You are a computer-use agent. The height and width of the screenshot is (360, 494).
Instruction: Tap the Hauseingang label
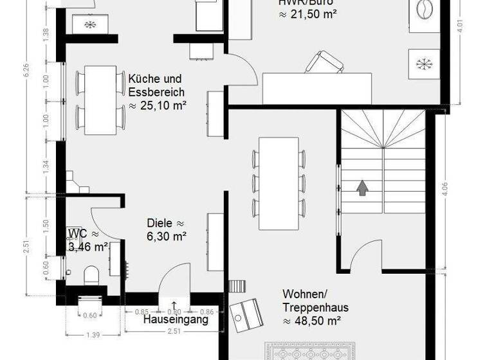click(176, 319)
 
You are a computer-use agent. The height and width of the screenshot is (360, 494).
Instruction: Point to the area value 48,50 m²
click(311, 320)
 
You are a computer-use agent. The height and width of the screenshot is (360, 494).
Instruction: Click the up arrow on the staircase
click(363, 188)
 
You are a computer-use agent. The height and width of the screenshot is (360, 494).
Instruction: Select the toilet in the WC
click(91, 275)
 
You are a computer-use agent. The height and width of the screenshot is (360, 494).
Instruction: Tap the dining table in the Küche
click(100, 100)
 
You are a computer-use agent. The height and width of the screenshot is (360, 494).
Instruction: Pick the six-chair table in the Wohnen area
click(279, 183)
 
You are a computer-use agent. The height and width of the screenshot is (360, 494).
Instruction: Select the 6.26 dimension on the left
click(26, 71)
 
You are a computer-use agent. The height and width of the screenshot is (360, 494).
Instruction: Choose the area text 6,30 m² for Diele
click(166, 237)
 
